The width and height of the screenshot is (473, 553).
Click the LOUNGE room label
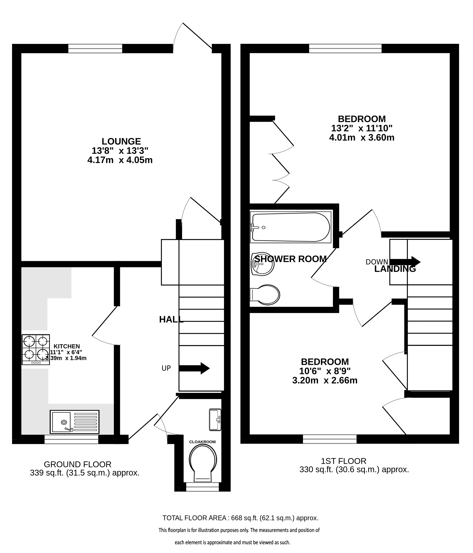[121, 141]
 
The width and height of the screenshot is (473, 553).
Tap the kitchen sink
[75, 422]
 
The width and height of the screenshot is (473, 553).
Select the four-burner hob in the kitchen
[36, 350]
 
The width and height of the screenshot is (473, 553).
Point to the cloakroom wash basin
[215, 419]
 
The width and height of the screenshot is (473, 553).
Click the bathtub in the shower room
[291, 227]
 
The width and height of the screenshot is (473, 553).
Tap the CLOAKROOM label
[202, 442]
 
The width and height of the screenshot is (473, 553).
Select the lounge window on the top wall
[95, 49]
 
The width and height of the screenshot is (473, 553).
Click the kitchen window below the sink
[71, 439]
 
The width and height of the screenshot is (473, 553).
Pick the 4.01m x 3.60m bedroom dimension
[362, 138]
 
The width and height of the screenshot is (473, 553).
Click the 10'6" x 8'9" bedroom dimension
[325, 371]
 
